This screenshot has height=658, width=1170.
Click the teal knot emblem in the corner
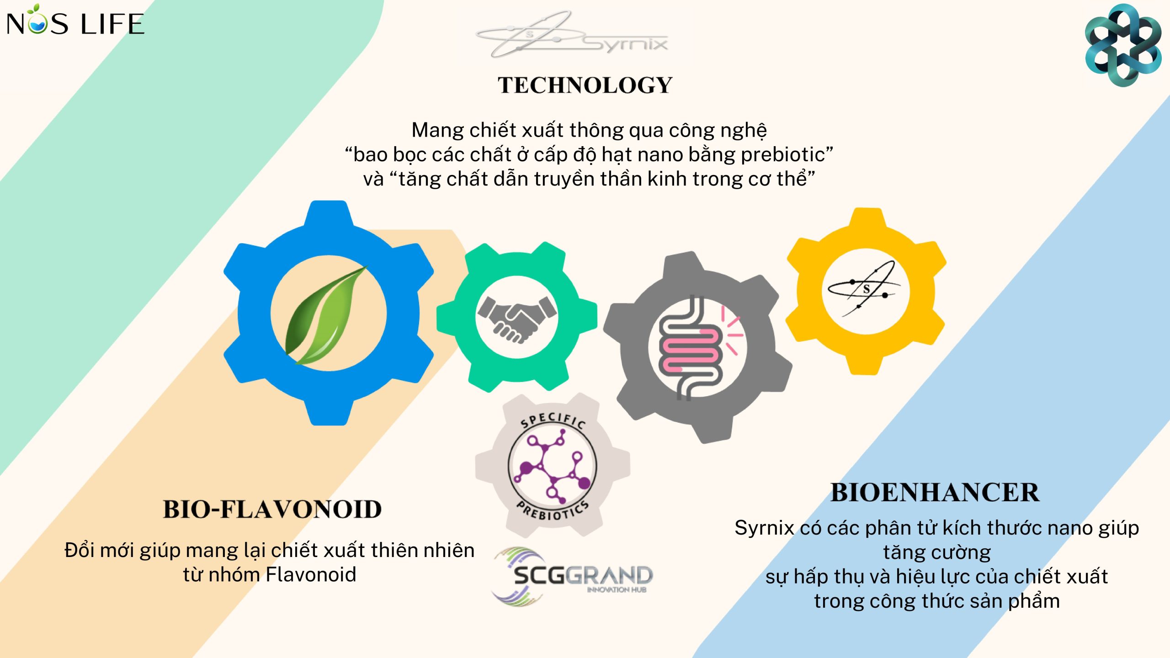[x=1123, y=45]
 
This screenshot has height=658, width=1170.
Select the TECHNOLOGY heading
[x=585, y=85]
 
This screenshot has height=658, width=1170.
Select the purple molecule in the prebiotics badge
[x=552, y=466]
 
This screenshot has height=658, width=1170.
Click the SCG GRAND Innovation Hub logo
[x=572, y=576]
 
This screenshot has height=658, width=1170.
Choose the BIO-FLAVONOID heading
[x=272, y=509]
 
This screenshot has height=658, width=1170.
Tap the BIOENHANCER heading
[x=935, y=493]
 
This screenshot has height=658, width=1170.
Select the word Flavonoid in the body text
[x=311, y=575]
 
